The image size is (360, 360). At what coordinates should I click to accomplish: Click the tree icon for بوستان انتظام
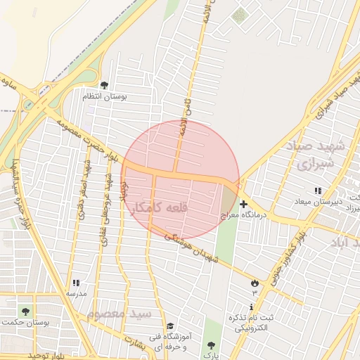click(x=105, y=85)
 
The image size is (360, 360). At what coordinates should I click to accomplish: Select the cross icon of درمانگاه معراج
click(x=243, y=205)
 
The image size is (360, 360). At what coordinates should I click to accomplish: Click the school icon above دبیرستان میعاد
click(x=319, y=191)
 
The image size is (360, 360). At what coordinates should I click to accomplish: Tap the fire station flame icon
click(x=255, y=283)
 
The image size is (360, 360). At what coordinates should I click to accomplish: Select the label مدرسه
click(x=76, y=292)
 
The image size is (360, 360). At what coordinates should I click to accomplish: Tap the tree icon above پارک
click(x=209, y=345)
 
